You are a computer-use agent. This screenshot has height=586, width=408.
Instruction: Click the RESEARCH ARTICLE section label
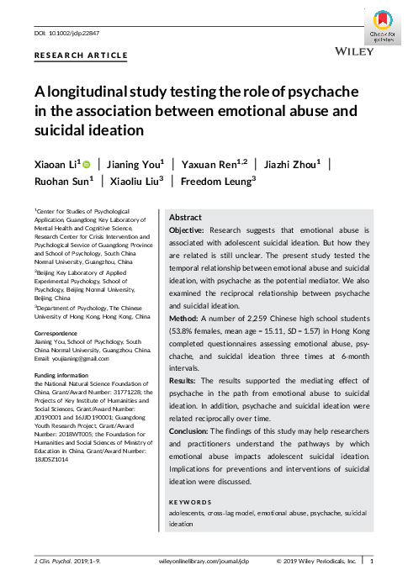point(81,55)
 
